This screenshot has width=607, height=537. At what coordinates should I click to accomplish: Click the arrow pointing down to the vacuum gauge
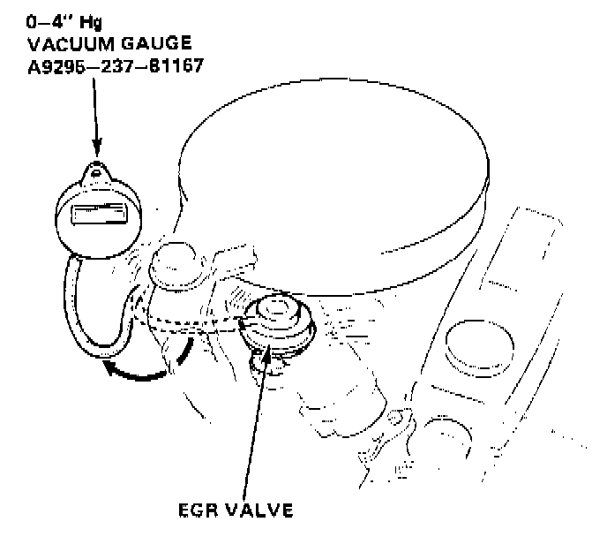point(95,115)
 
